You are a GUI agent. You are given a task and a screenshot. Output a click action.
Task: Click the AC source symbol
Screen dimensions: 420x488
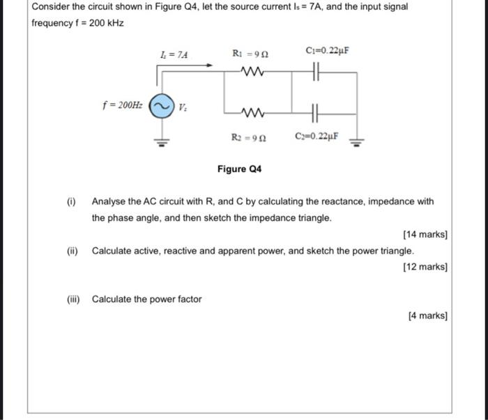[160, 107]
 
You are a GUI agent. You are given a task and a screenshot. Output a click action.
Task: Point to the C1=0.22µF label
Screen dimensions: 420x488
[327, 52]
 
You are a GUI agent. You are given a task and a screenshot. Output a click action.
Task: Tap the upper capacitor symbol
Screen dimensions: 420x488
[315, 70]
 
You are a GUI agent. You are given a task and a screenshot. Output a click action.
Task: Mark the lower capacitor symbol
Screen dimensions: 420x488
[315, 111]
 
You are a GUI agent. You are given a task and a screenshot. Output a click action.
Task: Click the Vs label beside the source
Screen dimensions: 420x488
[183, 109]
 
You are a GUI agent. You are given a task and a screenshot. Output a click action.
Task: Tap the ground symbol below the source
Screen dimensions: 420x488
[161, 144]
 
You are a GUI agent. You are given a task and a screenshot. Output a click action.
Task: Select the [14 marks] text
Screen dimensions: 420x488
[425, 235]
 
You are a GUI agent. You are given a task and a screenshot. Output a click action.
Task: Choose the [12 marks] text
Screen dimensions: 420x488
[425, 267]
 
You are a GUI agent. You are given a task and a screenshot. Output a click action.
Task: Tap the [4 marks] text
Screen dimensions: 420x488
[427, 316]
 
